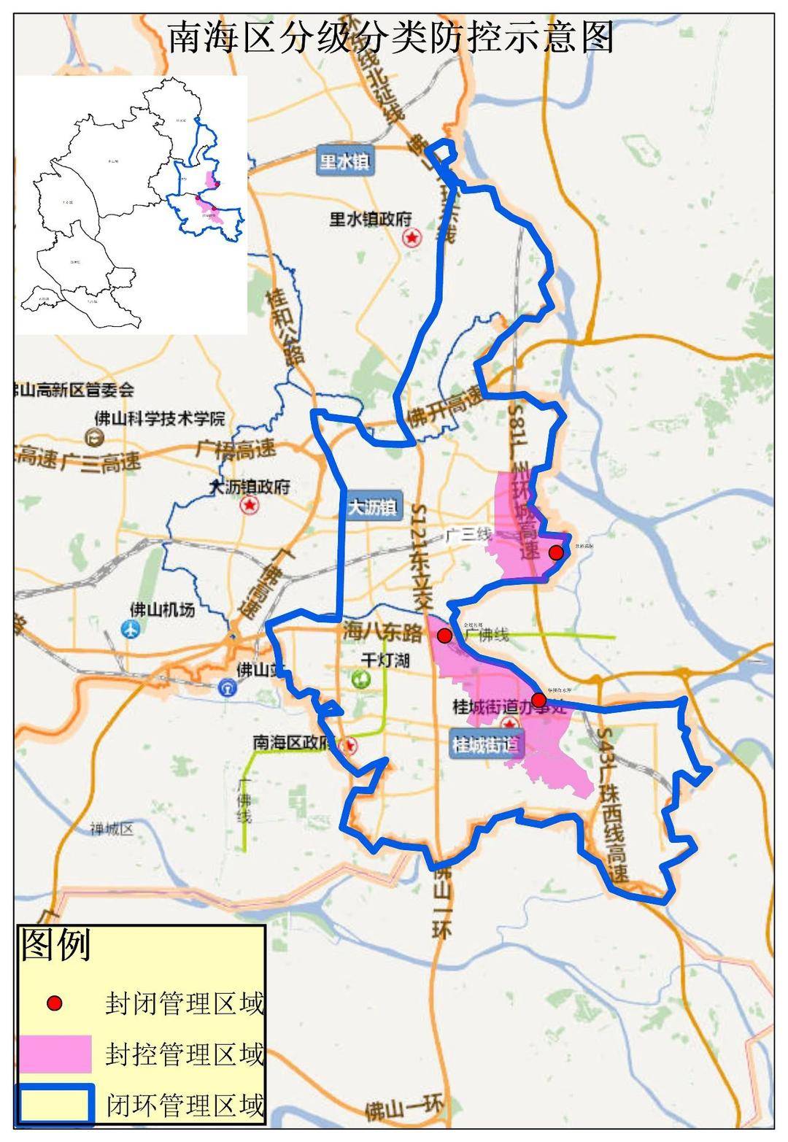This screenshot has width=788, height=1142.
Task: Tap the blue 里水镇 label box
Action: tap(344, 161)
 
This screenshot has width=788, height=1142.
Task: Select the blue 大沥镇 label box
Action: tap(372, 506)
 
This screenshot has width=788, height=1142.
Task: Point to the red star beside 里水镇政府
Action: tap(413, 238)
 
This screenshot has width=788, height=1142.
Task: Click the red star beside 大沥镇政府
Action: tap(250, 504)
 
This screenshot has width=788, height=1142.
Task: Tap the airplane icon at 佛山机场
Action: tap(131, 629)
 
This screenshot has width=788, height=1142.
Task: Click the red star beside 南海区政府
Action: tap(350, 745)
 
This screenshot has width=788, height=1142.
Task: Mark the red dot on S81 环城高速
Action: tap(556, 552)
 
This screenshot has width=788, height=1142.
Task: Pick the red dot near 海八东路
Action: tap(444, 636)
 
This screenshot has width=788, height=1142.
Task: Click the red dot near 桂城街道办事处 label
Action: tap(538, 701)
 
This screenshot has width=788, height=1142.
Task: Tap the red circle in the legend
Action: tap(54, 1003)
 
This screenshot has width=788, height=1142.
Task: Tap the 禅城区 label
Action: tap(112, 829)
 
